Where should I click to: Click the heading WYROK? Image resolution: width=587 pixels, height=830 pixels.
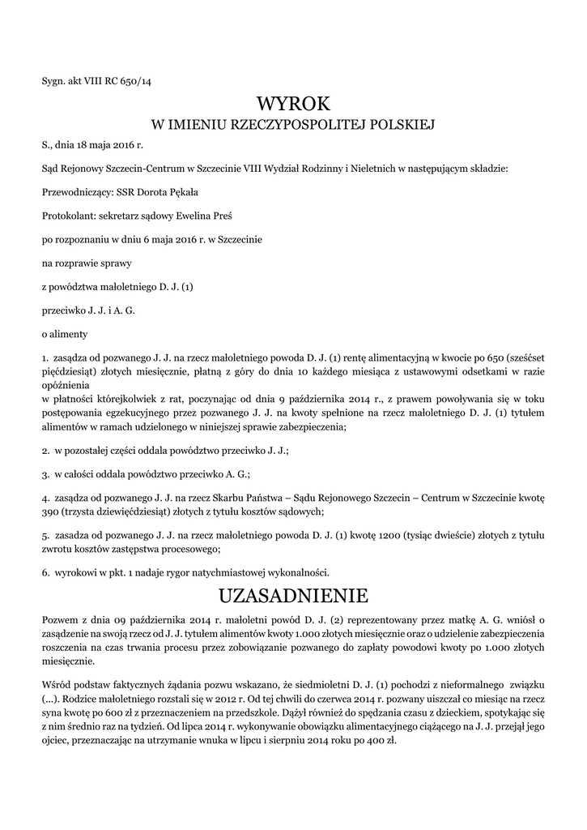pyautogui.click(x=293, y=104)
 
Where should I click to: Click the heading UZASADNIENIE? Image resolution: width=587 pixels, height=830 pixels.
pyautogui.click(x=293, y=597)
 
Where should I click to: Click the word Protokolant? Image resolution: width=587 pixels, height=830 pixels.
pyautogui.click(x=67, y=216)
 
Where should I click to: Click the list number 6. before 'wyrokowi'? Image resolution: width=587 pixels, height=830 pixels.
pyautogui.click(x=45, y=572)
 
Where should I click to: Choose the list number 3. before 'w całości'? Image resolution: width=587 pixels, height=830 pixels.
pyautogui.click(x=45, y=473)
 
